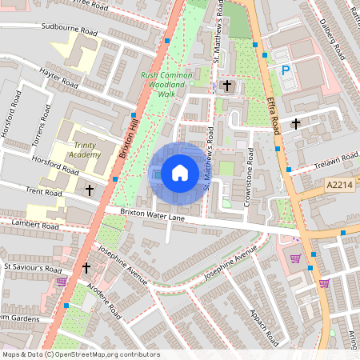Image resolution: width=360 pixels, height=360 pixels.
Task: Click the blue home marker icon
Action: pyautogui.click(x=180, y=173)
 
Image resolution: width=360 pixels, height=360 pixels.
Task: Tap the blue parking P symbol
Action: pyautogui.click(x=285, y=70)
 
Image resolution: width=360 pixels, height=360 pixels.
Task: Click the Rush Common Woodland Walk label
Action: pyautogui.click(x=168, y=84)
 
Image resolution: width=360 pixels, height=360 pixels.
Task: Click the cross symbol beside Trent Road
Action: pyautogui.click(x=90, y=190)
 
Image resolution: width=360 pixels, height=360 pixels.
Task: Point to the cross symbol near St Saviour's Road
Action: pyautogui.click(x=86, y=268)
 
